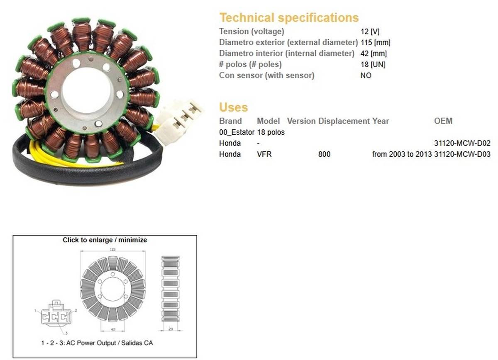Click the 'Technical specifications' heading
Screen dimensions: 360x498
click(289, 18)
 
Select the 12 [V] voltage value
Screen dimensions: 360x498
click(370, 32)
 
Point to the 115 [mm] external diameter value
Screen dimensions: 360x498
click(375, 42)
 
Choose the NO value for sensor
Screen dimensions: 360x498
click(366, 76)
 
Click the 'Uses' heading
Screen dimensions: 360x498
click(233, 107)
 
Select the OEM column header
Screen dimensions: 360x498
click(443, 121)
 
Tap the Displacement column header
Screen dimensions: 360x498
click(344, 121)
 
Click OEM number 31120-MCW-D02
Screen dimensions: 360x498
click(462, 144)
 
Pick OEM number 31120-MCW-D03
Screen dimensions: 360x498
click(462, 154)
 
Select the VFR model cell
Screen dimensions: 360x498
click(264, 154)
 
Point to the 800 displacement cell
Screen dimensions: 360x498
click(324, 154)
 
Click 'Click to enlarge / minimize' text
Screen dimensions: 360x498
click(105, 240)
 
